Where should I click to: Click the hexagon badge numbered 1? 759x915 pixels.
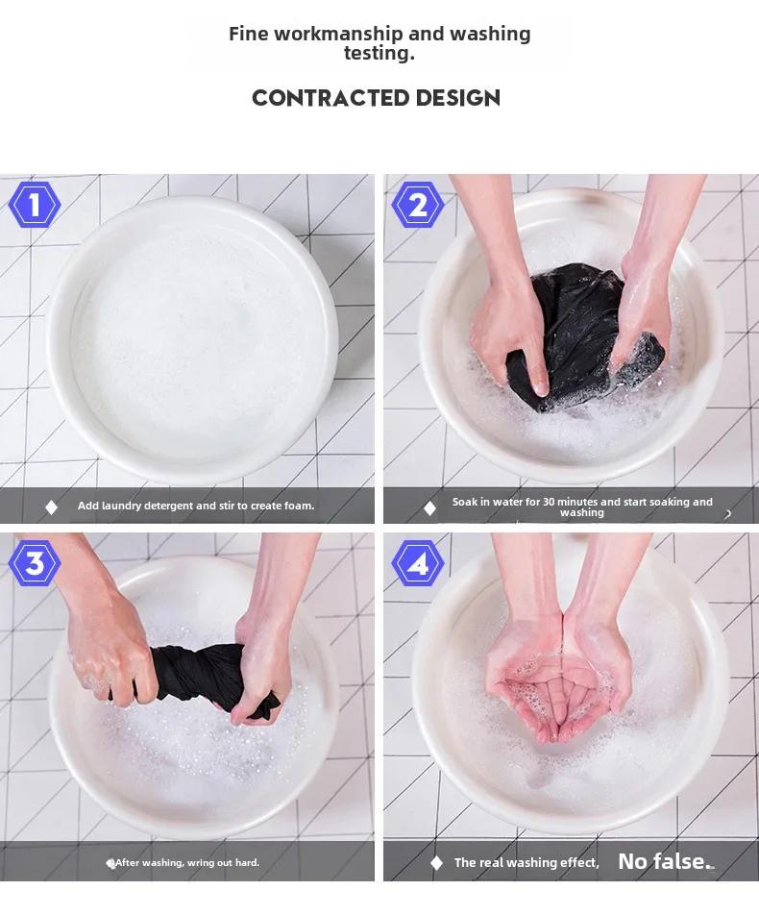tap(35, 205)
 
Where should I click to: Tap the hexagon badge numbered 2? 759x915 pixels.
tap(418, 205)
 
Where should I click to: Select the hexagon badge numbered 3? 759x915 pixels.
tap(35, 563)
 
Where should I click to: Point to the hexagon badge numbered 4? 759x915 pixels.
tap(418, 563)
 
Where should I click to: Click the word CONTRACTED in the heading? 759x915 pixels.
tap(331, 98)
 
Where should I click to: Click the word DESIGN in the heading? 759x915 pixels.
tap(458, 98)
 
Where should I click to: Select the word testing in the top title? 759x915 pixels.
tap(379, 53)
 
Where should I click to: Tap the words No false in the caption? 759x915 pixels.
tap(662, 861)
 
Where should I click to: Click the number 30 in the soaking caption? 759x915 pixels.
tap(549, 502)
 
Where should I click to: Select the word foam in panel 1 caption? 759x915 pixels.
tap(299, 506)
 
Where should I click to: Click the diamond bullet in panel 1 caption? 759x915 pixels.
tap(51, 507)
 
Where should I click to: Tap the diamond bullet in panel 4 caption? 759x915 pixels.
tap(436, 862)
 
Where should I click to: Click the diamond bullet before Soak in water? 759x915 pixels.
tap(429, 508)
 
